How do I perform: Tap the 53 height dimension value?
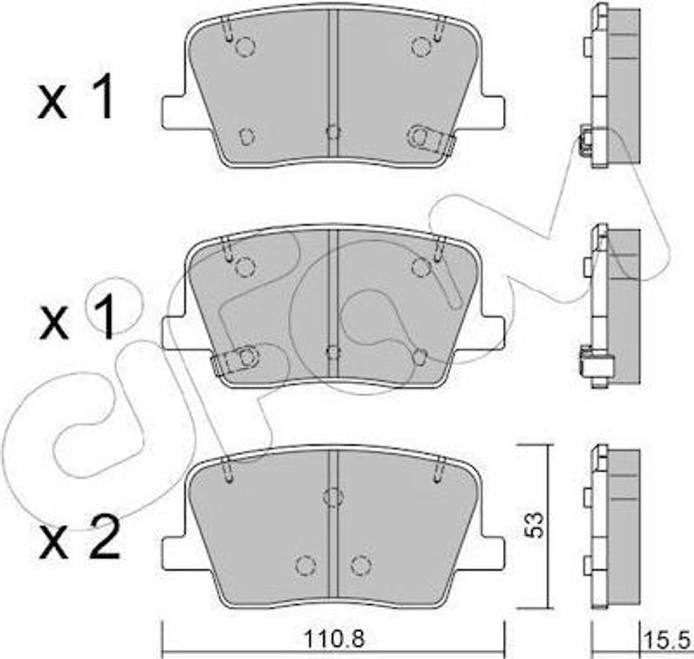pyautogui.click(x=535, y=525)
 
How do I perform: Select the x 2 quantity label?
pyautogui.click(x=80, y=538)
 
